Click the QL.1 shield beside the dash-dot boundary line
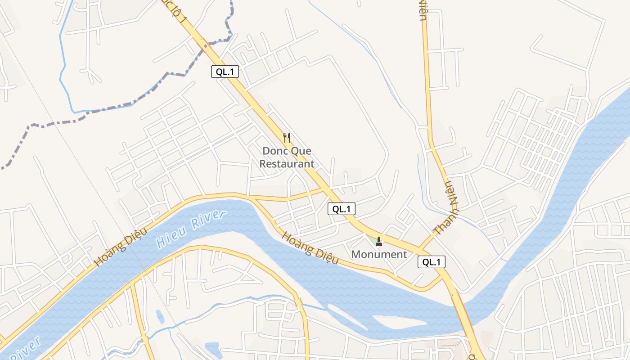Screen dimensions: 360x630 [225, 72]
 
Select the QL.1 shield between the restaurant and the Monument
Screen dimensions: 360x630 [341, 209]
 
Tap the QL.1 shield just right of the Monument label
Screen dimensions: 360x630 [432, 262]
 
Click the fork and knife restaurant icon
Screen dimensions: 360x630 [287, 137]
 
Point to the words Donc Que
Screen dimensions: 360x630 [287, 151]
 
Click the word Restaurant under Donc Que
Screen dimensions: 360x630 [287, 164]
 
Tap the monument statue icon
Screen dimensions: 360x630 [378, 242]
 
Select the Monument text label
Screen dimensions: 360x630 [379, 254]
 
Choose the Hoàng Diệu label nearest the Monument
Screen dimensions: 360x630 [310, 248]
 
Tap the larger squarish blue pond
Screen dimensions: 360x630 [213, 349]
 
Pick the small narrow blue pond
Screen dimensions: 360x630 [160, 316]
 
